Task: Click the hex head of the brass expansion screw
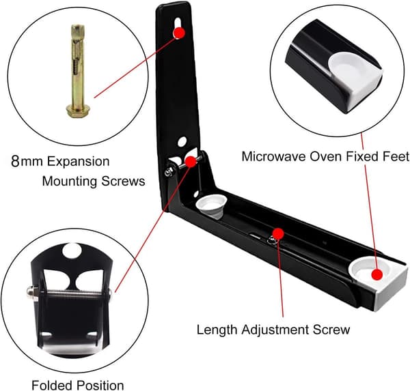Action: coord(78,111)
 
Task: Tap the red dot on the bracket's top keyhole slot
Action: coord(179,33)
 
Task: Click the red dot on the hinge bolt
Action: coord(191,162)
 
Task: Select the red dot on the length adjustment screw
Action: coord(278,234)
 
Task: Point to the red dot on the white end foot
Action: coord(377,274)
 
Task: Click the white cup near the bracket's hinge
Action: coord(211,206)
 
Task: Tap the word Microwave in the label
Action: coord(274,156)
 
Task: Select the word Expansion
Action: coord(78,162)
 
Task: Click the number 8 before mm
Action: coord(16,162)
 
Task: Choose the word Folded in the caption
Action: coord(52,386)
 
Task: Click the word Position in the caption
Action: coord(100,386)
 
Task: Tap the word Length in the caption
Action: coord(217,330)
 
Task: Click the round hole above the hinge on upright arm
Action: coord(182,141)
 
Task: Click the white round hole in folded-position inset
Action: coord(72,250)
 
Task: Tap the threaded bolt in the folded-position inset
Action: coord(69,293)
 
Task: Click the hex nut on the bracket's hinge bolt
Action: coord(169,172)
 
